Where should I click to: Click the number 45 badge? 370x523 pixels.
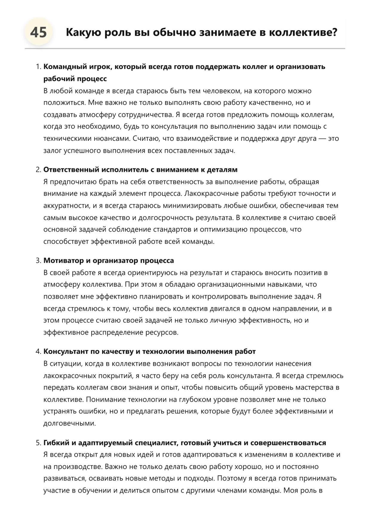[39, 32]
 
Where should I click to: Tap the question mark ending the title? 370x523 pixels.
[334, 32]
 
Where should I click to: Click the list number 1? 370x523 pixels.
[38, 67]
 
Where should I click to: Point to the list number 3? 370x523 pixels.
[38, 260]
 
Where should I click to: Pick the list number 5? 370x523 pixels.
[38, 443]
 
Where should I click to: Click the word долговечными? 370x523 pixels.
[70, 423]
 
